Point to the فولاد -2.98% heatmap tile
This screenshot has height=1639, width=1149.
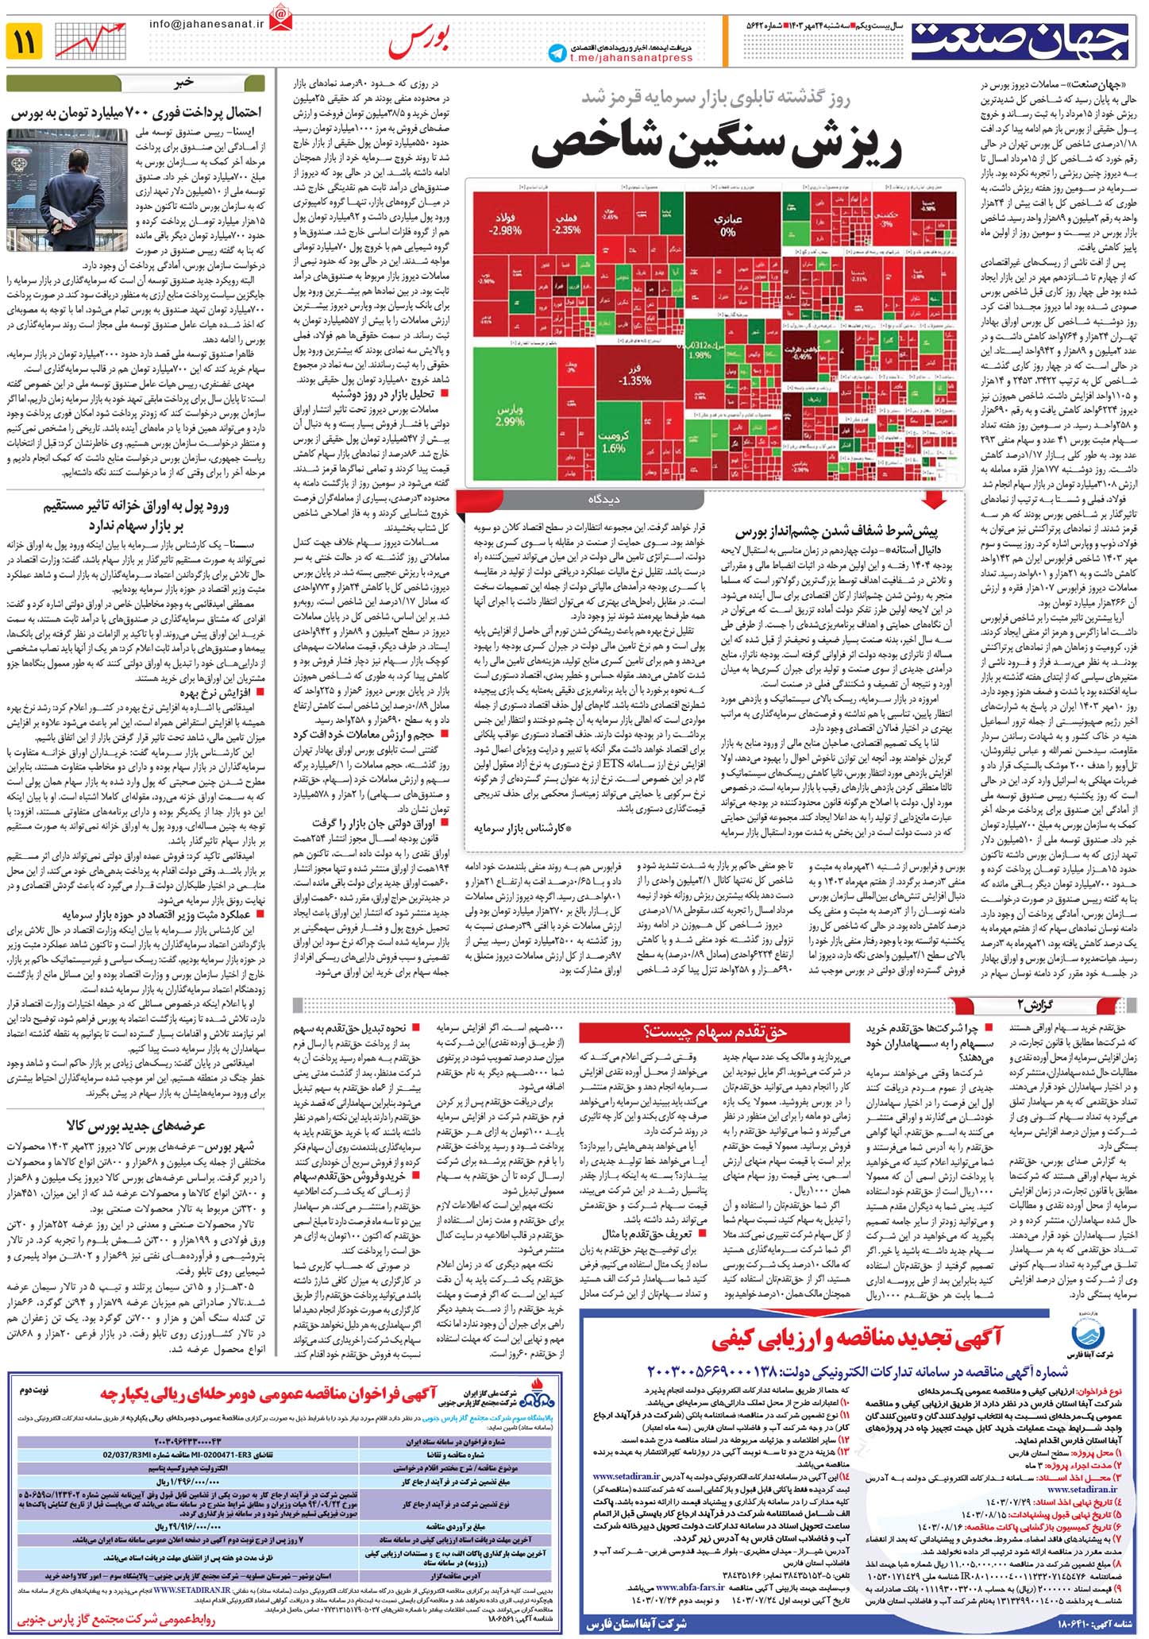pos(507,225)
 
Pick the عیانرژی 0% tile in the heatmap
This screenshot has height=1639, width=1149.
pos(727,226)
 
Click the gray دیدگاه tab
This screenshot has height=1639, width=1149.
pos(603,500)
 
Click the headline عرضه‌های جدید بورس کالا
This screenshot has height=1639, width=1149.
pos(137,1126)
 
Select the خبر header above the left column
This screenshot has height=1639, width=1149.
pos(184,83)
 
